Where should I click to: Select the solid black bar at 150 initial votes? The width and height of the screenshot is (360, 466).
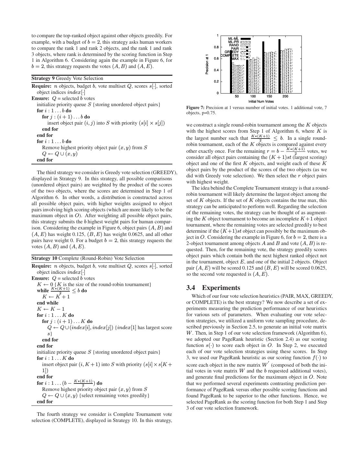[263, 67]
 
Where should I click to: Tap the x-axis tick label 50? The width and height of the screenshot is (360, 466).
[237, 96]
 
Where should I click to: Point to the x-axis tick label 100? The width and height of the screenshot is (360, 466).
[253, 96]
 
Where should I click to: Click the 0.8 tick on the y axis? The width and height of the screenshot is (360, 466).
[216, 47]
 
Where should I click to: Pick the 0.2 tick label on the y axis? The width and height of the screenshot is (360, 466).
[216, 82]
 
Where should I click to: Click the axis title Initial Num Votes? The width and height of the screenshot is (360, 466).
[261, 101]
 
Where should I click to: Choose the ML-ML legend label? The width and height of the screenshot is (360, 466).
[233, 39]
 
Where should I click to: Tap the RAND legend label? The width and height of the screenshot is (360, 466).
[234, 45]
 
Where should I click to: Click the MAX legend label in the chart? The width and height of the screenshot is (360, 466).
[235, 59]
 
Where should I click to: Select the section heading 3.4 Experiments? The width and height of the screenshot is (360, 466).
[213, 288]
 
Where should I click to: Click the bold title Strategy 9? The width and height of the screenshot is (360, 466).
[43, 78]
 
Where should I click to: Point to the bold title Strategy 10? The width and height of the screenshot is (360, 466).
[44, 258]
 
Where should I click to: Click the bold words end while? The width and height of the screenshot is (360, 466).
[48, 303]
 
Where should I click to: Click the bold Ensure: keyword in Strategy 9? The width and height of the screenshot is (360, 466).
[41, 98]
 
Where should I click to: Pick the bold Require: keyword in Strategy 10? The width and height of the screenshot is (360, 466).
[41, 266]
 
